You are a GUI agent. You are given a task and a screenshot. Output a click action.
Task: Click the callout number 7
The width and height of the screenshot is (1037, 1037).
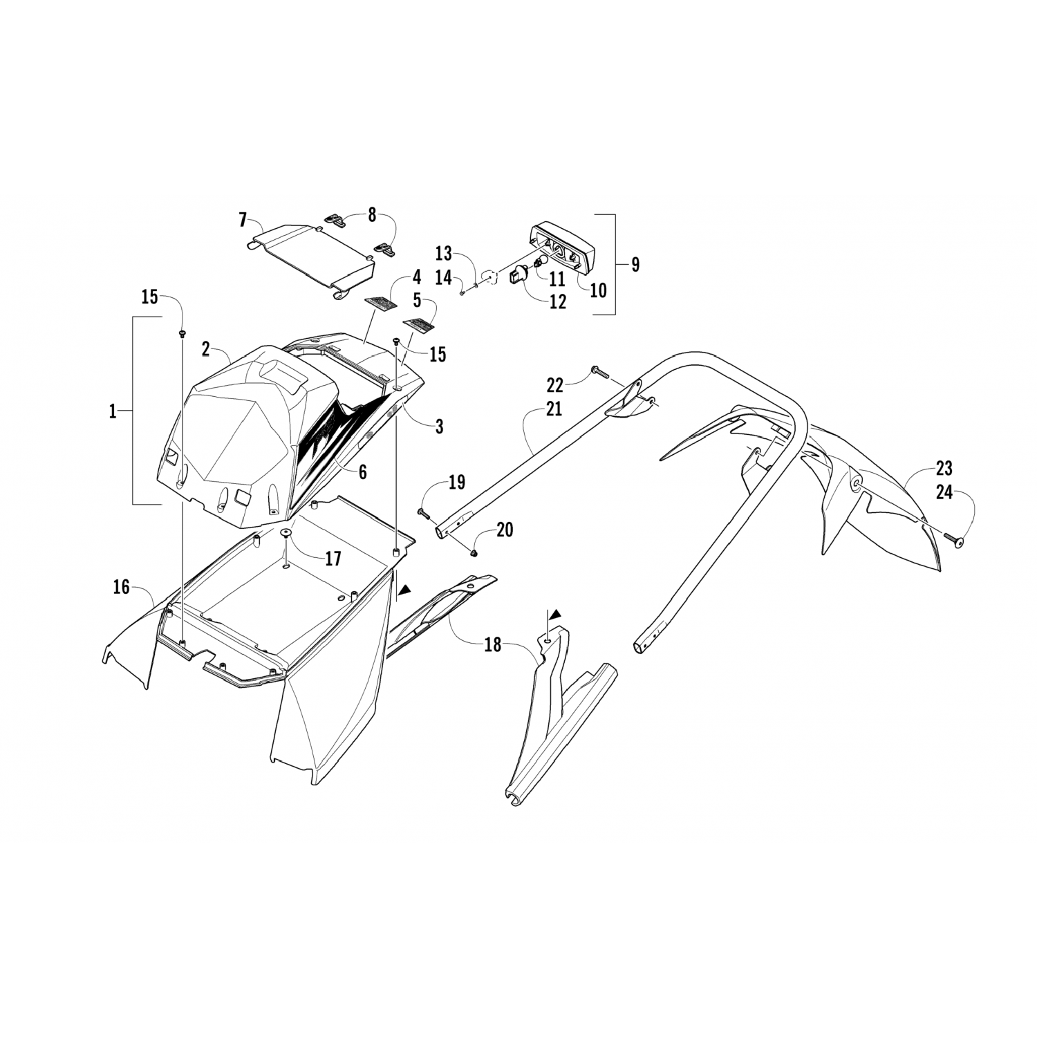pyautogui.click(x=243, y=221)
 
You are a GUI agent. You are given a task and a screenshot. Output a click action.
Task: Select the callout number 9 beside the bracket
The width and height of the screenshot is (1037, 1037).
pyautogui.click(x=635, y=264)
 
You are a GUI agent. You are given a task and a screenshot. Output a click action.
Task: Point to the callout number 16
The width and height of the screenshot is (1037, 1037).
pyautogui.click(x=122, y=588)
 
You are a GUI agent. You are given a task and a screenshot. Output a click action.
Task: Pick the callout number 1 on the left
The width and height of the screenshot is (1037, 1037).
pyautogui.click(x=113, y=412)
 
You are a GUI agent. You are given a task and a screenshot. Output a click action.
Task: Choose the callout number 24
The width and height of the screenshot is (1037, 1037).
pyautogui.click(x=944, y=492)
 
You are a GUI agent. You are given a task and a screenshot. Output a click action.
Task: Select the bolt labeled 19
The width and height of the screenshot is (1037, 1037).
pyautogui.click(x=423, y=512)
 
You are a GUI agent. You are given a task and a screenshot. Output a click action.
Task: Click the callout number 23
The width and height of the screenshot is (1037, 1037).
pyautogui.click(x=944, y=469)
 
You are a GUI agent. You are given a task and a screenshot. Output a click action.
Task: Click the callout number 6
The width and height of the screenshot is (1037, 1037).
pyautogui.click(x=362, y=471)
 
